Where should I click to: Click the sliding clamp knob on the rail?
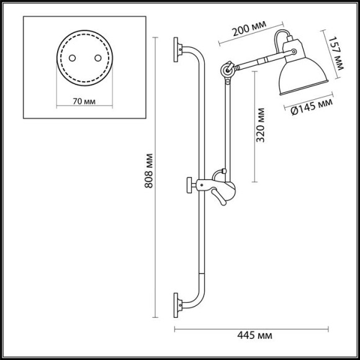click(x=189, y=184)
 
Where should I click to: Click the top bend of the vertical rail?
click(x=197, y=55)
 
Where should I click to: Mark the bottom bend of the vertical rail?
click(x=197, y=297)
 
